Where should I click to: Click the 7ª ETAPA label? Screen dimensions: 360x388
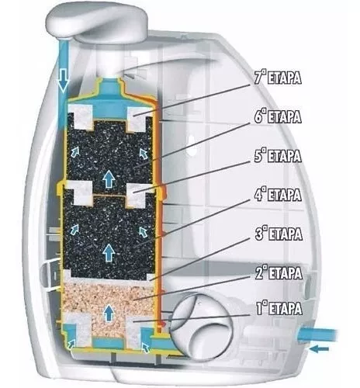[x=278, y=78]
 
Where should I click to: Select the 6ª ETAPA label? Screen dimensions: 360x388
[x=278, y=116]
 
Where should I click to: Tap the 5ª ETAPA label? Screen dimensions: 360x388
[x=278, y=156]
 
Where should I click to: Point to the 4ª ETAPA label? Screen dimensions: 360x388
[x=278, y=195]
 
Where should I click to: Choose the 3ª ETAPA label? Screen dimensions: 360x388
[x=279, y=234]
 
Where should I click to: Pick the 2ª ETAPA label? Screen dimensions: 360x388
[x=279, y=273]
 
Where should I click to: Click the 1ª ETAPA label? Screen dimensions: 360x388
[x=279, y=308]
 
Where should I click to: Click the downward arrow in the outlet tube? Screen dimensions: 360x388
[x=64, y=81]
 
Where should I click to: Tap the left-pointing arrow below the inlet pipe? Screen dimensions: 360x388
[x=319, y=349]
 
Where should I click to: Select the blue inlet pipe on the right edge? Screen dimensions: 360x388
[x=318, y=334]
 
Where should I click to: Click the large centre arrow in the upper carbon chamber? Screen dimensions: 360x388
[x=109, y=179]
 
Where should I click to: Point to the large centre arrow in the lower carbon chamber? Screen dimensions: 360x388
[x=109, y=252]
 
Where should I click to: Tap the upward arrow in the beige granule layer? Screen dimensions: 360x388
[x=109, y=313]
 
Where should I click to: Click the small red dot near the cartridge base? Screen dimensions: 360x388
[x=162, y=324]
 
